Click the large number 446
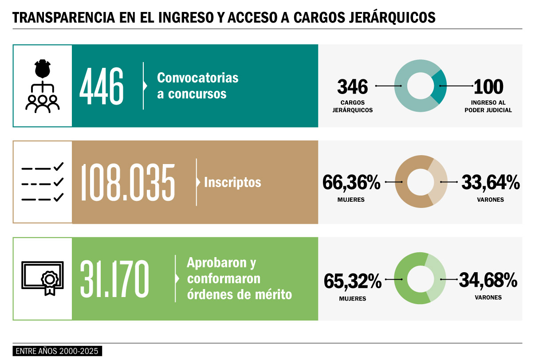(x=102, y=86)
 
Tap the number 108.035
(x=128, y=182)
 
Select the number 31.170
(x=114, y=279)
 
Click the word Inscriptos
(x=232, y=182)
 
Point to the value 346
(x=353, y=86)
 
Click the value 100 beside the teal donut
(x=488, y=86)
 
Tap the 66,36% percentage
(x=351, y=183)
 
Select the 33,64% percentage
(x=491, y=183)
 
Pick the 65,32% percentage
(x=353, y=281)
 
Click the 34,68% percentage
(x=488, y=280)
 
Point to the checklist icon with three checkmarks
(x=43, y=182)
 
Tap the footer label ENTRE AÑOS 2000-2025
(x=57, y=351)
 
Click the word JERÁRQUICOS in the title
(x=392, y=17)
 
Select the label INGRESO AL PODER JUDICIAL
(x=488, y=106)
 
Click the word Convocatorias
(x=198, y=78)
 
